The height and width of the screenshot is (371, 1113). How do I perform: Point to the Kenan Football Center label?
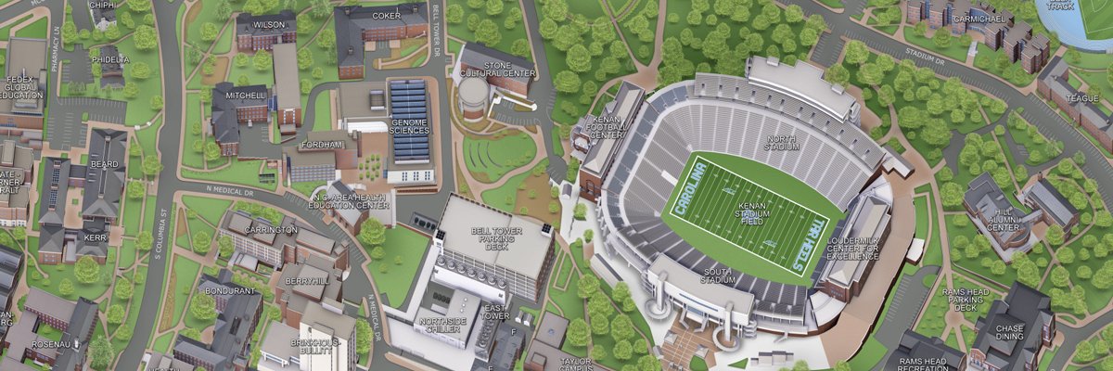(x=607, y=127)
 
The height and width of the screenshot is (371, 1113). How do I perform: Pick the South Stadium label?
(x=719, y=274)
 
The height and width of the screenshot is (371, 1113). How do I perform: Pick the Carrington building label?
(x=271, y=229)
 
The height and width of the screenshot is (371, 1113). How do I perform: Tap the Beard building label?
(x=104, y=164)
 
